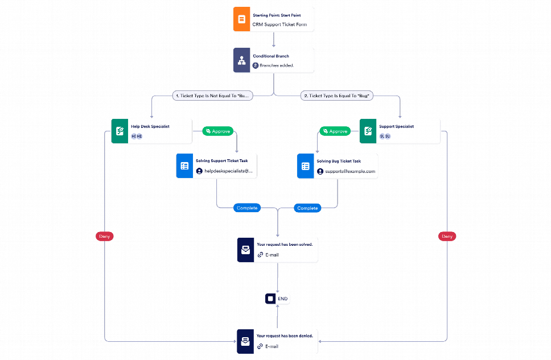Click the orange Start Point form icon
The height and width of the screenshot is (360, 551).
(x=241, y=19)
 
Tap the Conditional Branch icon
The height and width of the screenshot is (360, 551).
(x=241, y=60)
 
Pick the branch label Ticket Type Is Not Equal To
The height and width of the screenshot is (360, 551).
(x=212, y=96)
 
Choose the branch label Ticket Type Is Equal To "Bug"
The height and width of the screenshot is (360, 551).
(x=338, y=96)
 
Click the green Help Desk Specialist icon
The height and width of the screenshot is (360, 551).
(x=120, y=131)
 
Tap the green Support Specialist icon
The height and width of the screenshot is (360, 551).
(x=368, y=131)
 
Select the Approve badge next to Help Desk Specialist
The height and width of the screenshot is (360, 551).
(x=218, y=131)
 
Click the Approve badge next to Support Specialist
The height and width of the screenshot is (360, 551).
(x=335, y=131)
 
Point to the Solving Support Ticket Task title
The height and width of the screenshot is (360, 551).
(x=225, y=161)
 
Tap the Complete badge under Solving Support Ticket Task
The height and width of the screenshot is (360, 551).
(x=247, y=208)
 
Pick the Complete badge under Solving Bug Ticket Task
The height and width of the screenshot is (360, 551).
(x=307, y=208)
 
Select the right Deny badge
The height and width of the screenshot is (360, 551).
(x=447, y=235)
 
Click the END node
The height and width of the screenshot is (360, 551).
(x=278, y=299)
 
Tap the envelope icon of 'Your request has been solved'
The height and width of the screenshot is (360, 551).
(x=245, y=250)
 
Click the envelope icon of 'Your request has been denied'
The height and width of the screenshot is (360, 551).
(x=245, y=341)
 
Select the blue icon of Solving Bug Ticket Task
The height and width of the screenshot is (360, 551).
(x=306, y=166)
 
